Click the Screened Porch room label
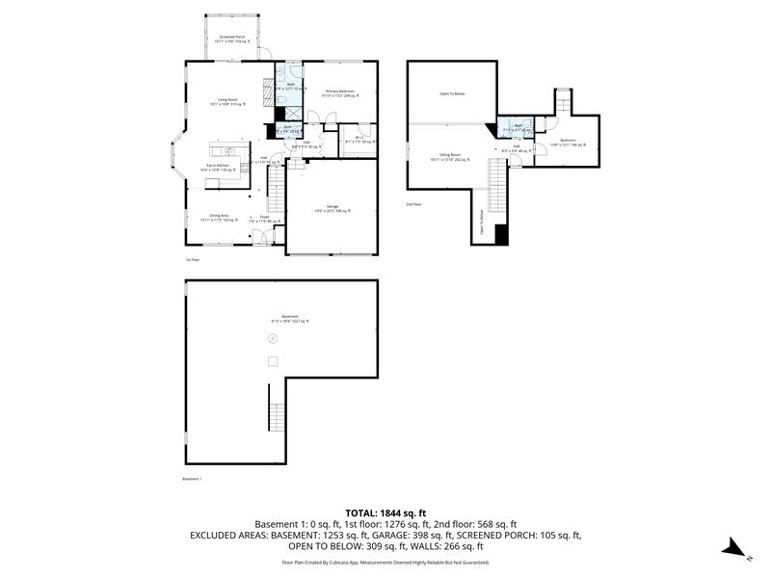pyautogui.click(x=233, y=39)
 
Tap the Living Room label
pyautogui.click(x=228, y=102)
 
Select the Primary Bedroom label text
pyautogui.click(x=340, y=93)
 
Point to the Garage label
pyautogui.click(x=331, y=209)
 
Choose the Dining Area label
pyautogui.click(x=219, y=218)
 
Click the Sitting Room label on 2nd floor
pyautogui.click(x=450, y=157)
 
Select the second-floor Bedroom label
pyautogui.click(x=568, y=144)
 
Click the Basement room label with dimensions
pyautogui.click(x=290, y=319)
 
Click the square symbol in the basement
pyautogui.click(x=273, y=361)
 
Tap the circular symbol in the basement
pyautogui.click(x=273, y=338)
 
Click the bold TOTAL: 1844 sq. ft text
pyautogui.click(x=385, y=512)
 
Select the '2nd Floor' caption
pyautogui.click(x=413, y=204)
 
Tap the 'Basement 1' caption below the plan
pyautogui.click(x=194, y=479)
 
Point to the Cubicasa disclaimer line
pyautogui.click(x=385, y=562)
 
